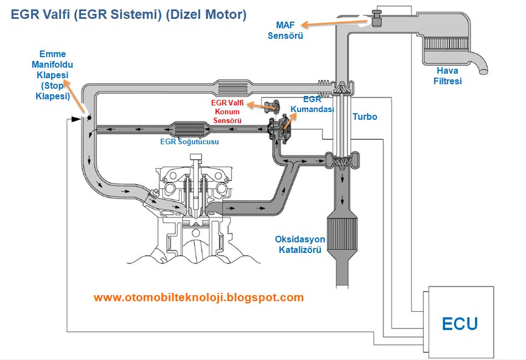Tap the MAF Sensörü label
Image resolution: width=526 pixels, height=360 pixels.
[285, 30]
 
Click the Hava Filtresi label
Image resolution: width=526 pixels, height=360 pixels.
[447, 76]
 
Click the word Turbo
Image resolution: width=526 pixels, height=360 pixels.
[365, 117]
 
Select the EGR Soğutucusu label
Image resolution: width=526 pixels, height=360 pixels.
[190, 141]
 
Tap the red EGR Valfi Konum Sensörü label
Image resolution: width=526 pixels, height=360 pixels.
[227, 111]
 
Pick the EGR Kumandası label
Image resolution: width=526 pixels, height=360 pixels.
[312, 104]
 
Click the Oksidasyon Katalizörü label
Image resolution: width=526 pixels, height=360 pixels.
[300, 245]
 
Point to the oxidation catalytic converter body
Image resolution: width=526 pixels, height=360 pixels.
[342, 233]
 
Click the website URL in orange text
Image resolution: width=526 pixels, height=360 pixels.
[198, 297]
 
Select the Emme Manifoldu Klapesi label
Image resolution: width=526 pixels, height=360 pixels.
[52, 75]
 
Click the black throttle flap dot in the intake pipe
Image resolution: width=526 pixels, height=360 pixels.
[90, 118]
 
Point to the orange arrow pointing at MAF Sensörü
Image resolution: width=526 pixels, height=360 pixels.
[334, 23]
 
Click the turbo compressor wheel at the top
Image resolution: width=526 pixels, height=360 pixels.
[342, 89]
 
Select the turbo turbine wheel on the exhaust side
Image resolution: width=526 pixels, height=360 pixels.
[342, 159]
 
